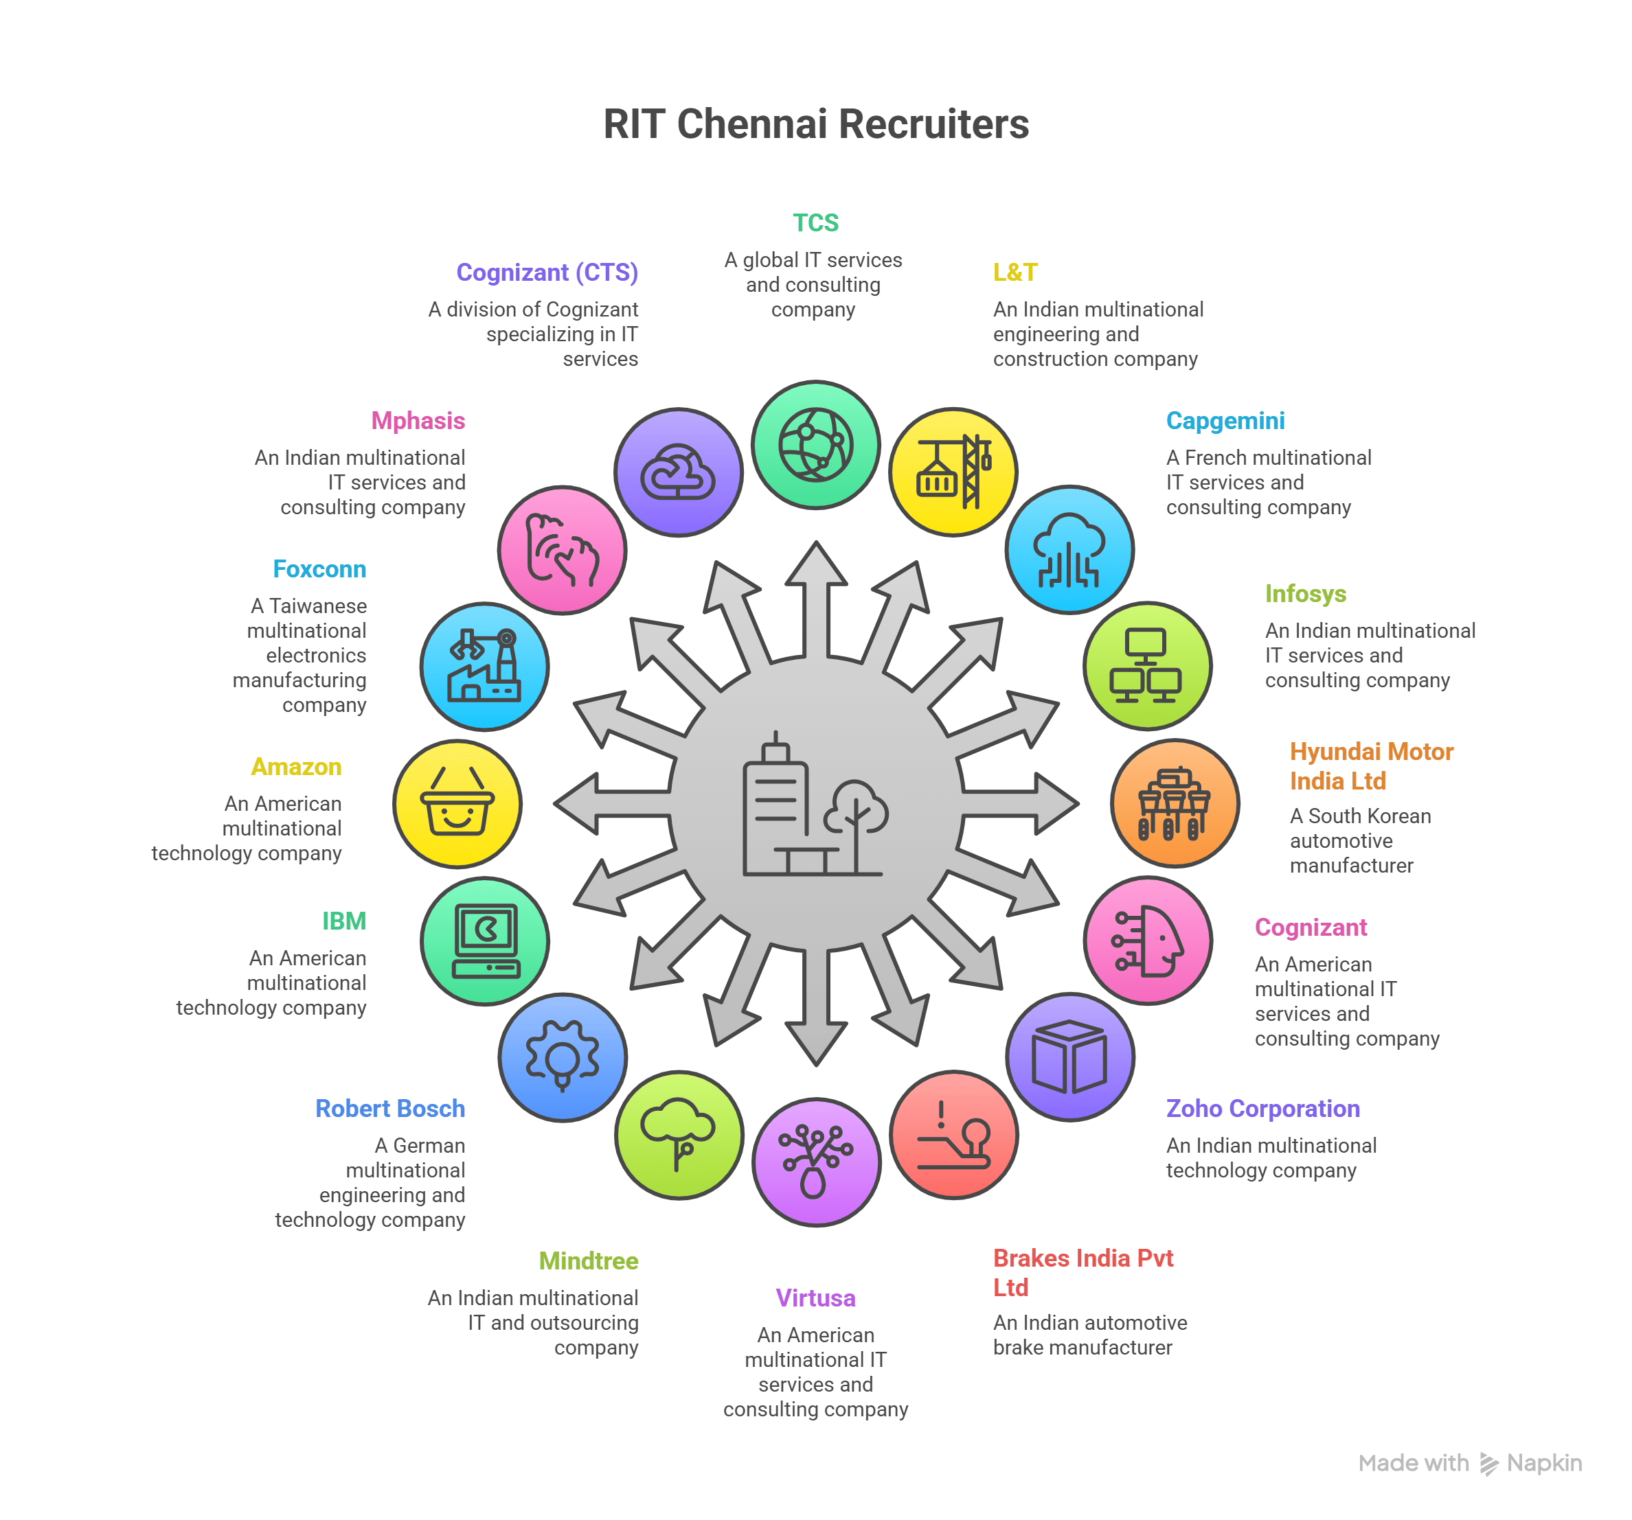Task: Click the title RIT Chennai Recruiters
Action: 815,125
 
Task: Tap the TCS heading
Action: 815,222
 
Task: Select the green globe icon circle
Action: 815,445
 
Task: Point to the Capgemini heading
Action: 1225,421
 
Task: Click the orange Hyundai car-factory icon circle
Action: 1175,803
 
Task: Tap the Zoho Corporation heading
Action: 1262,1109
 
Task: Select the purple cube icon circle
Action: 1069,1057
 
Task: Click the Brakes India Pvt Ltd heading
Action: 1083,1273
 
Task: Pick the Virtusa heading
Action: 815,1298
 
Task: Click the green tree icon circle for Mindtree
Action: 679,1135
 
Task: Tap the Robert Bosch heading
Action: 390,1109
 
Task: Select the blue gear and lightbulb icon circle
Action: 563,1057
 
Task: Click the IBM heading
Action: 344,922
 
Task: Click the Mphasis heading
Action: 418,421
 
